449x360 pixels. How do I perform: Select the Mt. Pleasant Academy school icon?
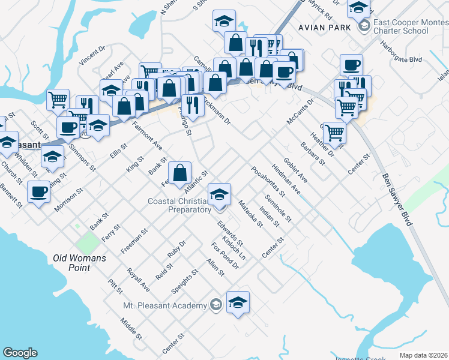click(x=238, y=302)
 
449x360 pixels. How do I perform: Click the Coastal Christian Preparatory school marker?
click(x=219, y=194)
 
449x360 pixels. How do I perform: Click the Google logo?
click(x=20, y=353)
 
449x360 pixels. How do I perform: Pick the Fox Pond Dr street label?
click(x=225, y=256)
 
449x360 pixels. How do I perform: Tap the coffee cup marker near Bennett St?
click(x=39, y=192)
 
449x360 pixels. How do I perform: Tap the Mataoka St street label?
click(x=251, y=215)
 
